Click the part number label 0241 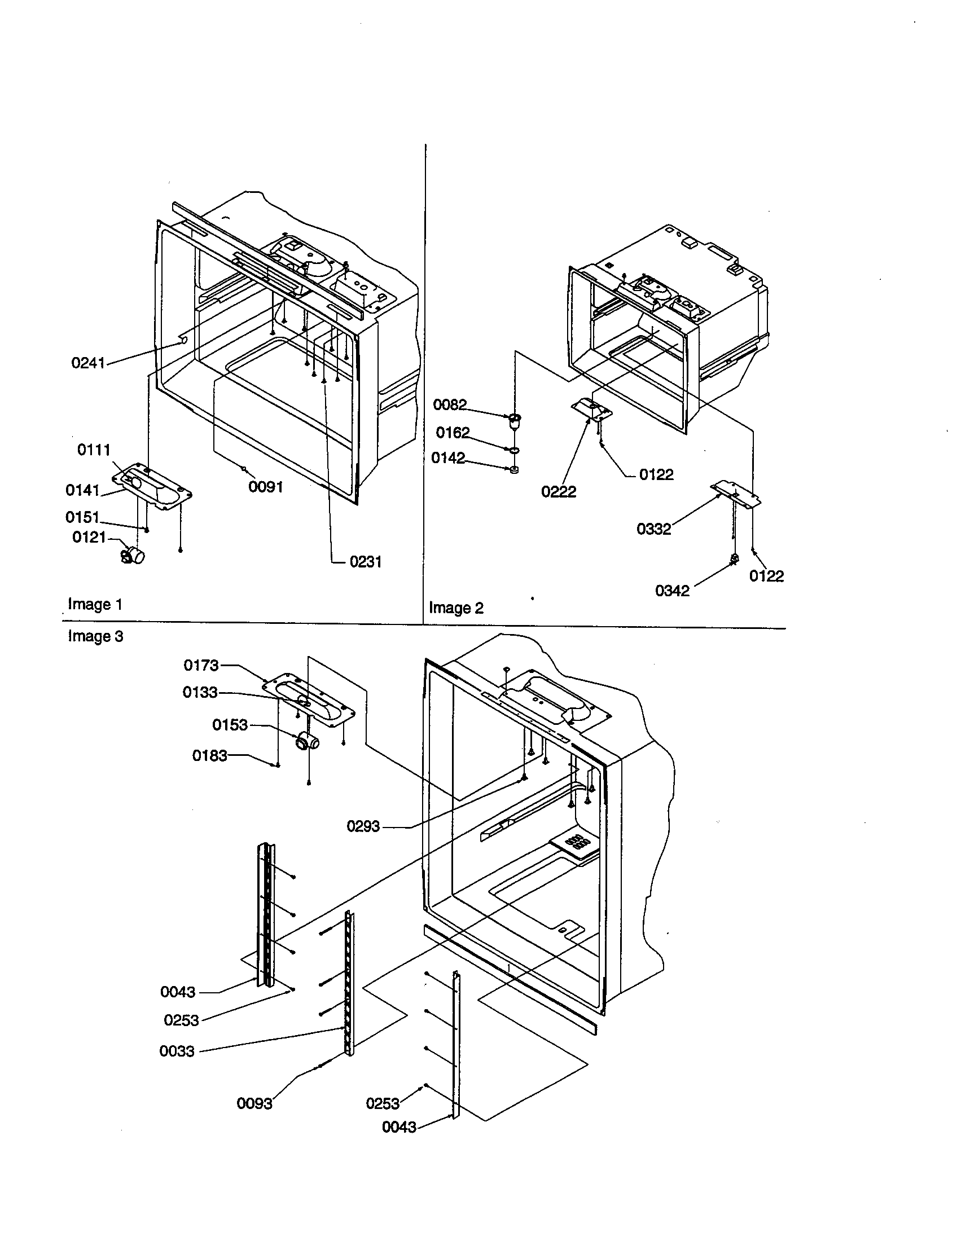pos(88,363)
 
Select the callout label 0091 pos(265,487)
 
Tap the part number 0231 pos(366,561)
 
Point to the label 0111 pos(94,450)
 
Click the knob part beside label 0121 pos(133,554)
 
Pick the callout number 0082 pos(450,404)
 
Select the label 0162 pos(453,433)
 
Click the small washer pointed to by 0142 pos(514,470)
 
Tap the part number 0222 pos(558,491)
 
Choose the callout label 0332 pos(653,529)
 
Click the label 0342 pos(672,591)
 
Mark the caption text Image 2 pos(456,608)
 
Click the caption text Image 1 pos(95,604)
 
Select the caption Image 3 pos(95,636)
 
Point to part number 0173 pos(201,665)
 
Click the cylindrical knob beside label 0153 pos(308,742)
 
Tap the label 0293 pos(363,826)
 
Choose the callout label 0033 pos(177,1051)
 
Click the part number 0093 pos(254,1103)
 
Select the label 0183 pos(209,755)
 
